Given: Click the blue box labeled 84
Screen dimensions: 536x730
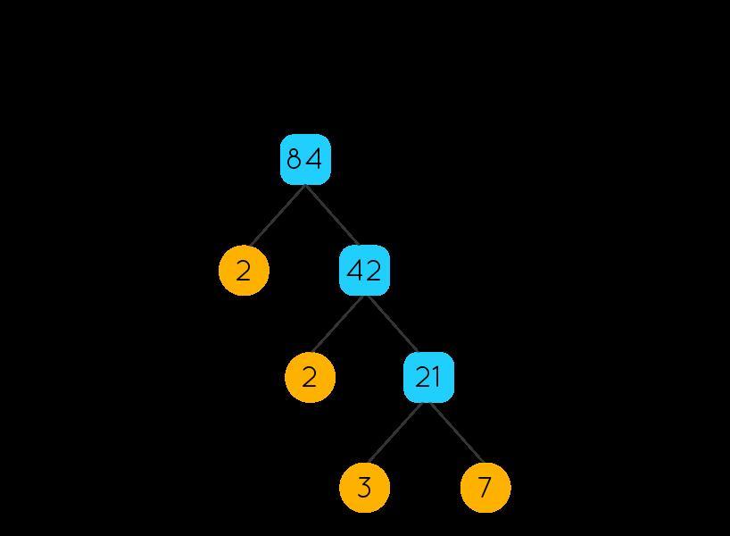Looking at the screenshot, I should click(305, 159).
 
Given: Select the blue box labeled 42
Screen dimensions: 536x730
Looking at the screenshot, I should click(364, 270).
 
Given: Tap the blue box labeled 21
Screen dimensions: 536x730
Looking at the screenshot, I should click(428, 377).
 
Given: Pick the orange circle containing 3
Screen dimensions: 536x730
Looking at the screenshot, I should click(364, 488).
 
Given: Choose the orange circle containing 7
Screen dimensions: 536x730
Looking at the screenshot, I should click(485, 488).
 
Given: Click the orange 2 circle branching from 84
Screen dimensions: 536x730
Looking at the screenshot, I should click(244, 270).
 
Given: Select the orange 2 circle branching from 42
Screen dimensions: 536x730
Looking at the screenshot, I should click(310, 377).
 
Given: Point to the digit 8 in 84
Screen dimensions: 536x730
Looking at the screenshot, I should click(294, 159).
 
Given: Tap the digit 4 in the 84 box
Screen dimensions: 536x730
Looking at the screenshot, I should click(313, 159).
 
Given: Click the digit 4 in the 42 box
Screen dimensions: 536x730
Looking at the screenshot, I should click(355, 270).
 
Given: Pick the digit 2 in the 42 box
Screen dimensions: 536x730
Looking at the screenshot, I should click(374, 270).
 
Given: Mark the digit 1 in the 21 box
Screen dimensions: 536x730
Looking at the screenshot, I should click(436, 377).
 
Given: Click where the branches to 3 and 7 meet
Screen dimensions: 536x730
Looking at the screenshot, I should click(428, 403).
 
